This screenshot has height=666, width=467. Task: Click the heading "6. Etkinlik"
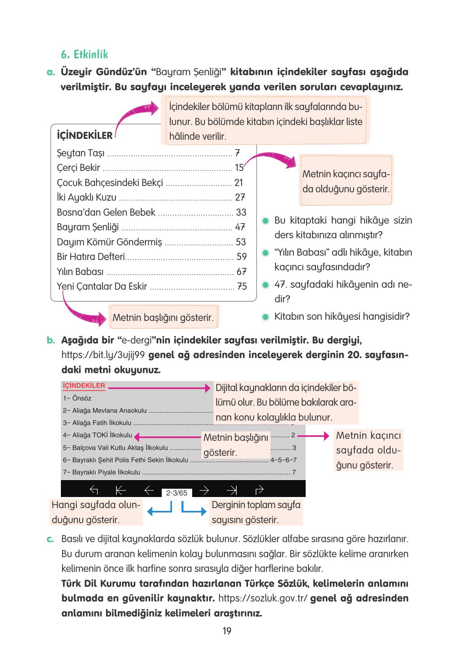[84, 54]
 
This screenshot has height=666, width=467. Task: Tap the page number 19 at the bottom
[227, 631]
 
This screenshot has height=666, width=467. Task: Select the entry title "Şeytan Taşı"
[81, 153]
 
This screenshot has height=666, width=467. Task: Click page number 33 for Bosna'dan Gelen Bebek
[241, 213]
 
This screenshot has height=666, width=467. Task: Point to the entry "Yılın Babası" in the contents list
[80, 272]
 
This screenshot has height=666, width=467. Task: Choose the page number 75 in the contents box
[242, 286]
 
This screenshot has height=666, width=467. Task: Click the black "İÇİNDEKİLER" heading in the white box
[85, 136]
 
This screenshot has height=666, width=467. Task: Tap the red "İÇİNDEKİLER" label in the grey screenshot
[84, 386]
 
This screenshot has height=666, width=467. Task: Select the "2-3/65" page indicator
[177, 493]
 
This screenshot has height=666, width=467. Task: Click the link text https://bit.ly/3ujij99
[104, 355]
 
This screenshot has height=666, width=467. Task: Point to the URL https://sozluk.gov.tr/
[263, 598]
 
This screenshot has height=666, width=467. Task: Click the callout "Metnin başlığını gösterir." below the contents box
[163, 317]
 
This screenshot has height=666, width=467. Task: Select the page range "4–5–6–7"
[283, 460]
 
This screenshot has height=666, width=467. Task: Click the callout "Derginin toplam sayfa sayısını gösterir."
[256, 512]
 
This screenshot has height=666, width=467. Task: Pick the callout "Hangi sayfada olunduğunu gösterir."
[96, 512]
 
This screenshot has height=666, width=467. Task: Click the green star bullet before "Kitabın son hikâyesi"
[266, 317]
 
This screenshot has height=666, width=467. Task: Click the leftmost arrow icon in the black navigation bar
[94, 490]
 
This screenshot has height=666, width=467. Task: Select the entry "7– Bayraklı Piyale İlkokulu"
[102, 472]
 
